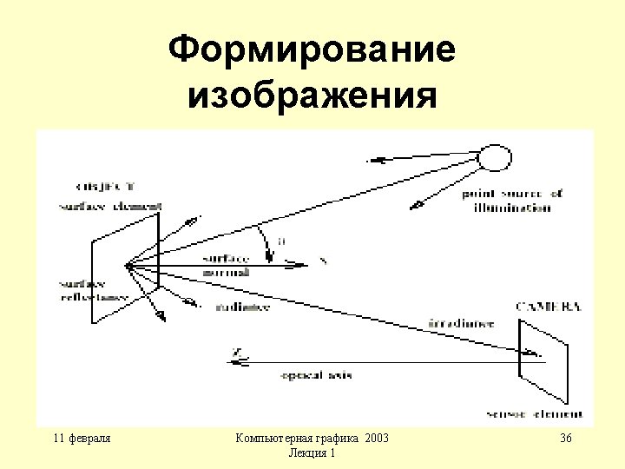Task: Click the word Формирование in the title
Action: [x=312, y=50]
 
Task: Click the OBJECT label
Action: [x=106, y=186]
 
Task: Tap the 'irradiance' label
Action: [x=461, y=323]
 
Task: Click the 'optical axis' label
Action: [x=315, y=375]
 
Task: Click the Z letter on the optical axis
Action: [x=235, y=352]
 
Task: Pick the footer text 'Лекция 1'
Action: [x=312, y=453]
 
